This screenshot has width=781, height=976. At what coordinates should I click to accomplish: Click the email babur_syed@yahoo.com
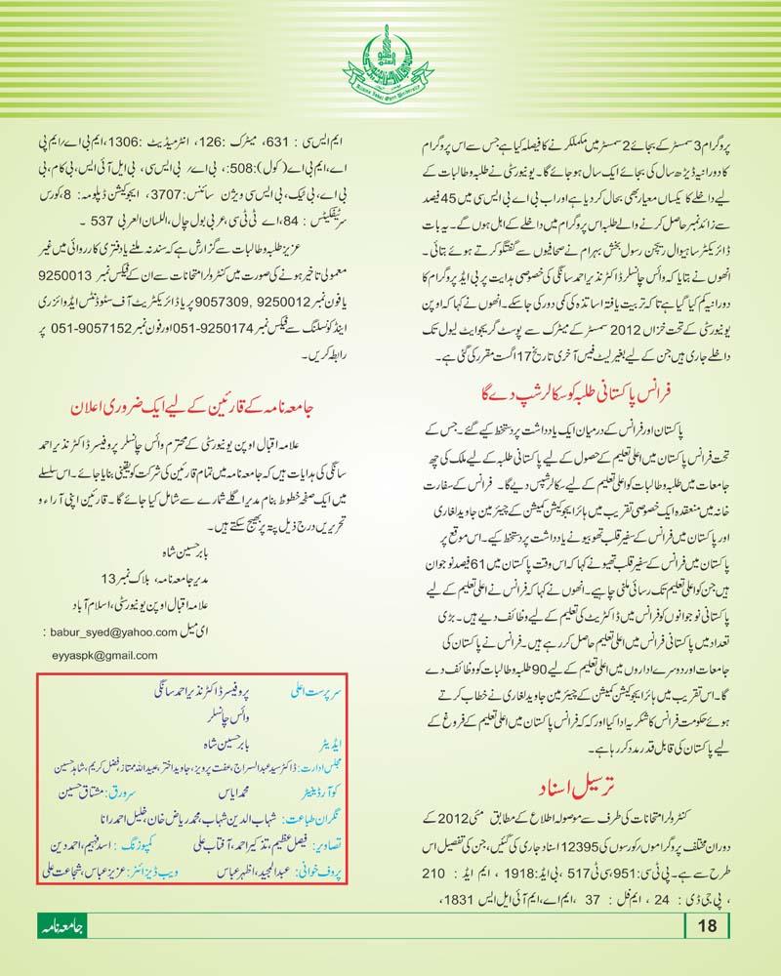pyautogui.click(x=128, y=631)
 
